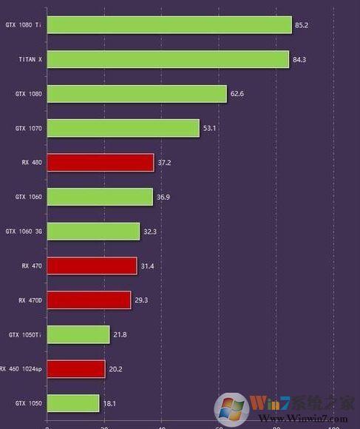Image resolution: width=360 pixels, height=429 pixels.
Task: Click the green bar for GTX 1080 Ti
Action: (x=169, y=25)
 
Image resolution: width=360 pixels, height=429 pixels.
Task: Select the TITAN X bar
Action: (x=168, y=59)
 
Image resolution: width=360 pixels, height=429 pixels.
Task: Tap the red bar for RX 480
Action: (x=101, y=162)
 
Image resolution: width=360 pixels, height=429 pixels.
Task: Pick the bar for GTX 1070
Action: (x=123, y=128)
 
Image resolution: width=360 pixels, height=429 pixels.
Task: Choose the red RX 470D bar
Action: (x=89, y=300)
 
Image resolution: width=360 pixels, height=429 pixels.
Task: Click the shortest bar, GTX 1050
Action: (x=73, y=403)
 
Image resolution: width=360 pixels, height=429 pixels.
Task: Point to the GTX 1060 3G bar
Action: (x=93, y=232)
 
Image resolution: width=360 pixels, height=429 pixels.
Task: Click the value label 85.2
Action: (x=302, y=25)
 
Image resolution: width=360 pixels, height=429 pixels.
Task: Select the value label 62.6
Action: (x=237, y=94)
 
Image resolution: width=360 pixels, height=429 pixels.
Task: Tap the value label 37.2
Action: (x=164, y=162)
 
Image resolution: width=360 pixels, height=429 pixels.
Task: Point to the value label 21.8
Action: (x=120, y=335)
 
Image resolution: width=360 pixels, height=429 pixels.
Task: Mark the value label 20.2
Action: (x=115, y=368)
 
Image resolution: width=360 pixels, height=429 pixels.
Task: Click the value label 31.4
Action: (x=147, y=266)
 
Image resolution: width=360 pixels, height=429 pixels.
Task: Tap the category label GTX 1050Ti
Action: (x=25, y=335)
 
